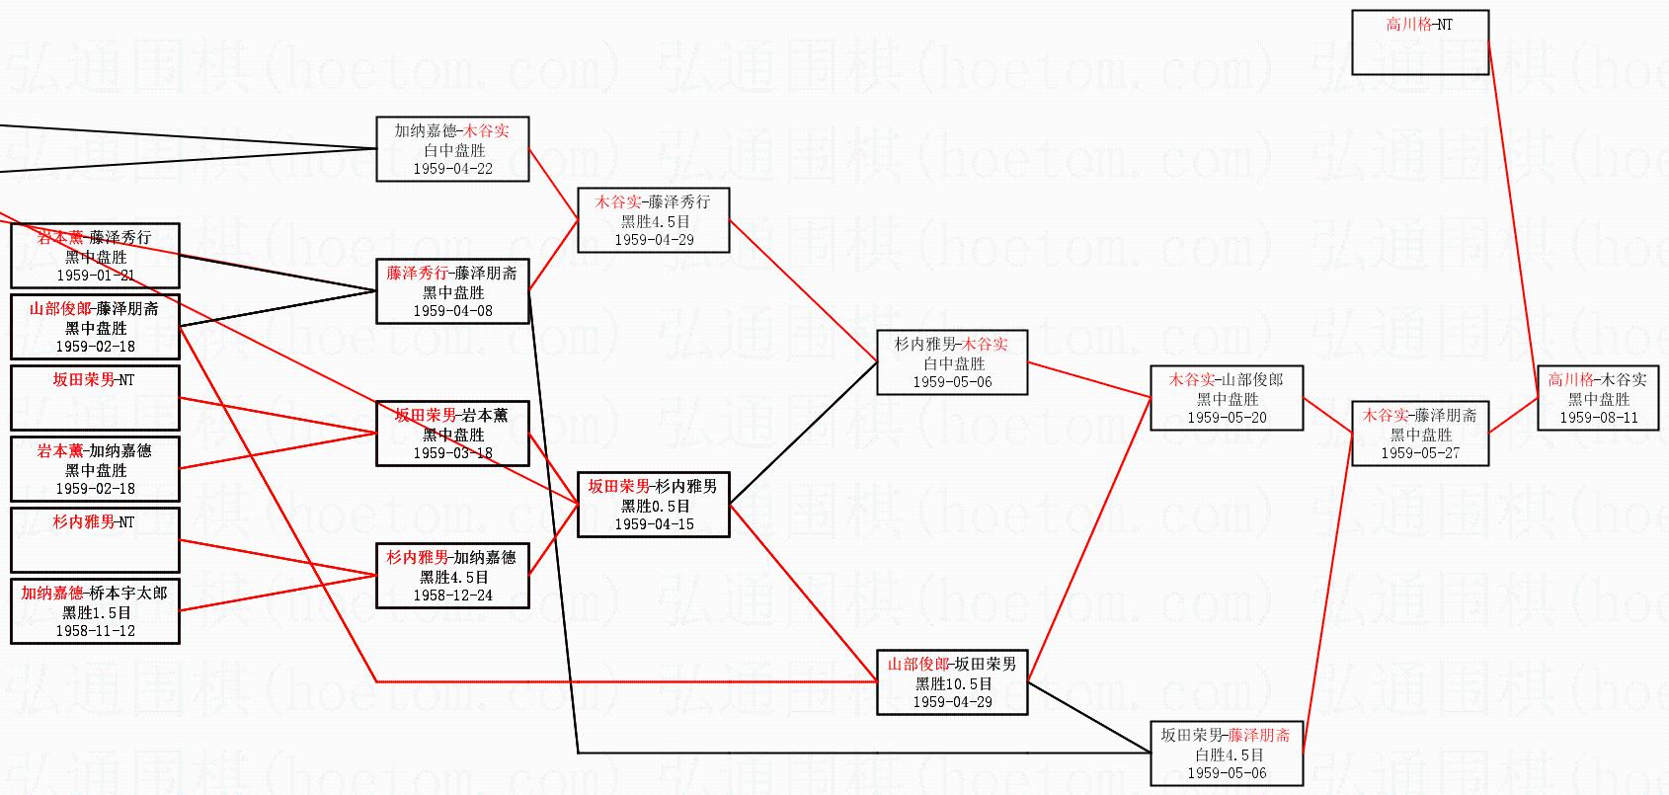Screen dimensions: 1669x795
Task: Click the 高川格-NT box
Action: [x=1419, y=42]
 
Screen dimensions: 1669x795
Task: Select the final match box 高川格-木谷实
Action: [x=1598, y=398]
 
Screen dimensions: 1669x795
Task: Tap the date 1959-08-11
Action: [x=1598, y=418]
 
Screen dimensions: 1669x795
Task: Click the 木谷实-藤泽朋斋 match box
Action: [x=1419, y=434]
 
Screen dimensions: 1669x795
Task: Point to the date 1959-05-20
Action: [x=1227, y=418]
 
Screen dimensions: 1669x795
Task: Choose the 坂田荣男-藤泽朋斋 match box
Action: [x=1227, y=754]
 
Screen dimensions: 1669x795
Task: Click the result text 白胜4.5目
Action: [x=1227, y=755]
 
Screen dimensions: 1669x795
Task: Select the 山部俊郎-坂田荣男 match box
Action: [x=952, y=682]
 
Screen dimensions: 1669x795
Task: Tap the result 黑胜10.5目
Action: [x=952, y=683]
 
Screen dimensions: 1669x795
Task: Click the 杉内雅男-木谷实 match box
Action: [x=952, y=362]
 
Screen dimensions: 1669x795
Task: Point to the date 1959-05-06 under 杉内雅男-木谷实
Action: [x=952, y=382]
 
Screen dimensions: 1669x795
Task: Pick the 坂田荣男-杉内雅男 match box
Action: [x=653, y=505]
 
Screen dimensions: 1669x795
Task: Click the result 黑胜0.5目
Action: [x=653, y=506]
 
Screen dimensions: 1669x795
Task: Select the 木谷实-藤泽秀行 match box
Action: [x=653, y=220]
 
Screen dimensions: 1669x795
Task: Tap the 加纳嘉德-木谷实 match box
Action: [x=452, y=149]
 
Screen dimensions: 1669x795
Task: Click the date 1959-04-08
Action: [x=452, y=311]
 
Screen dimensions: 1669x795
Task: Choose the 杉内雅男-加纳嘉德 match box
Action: [x=452, y=576]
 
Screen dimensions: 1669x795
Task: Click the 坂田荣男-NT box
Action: [x=95, y=397]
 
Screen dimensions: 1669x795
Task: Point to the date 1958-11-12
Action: [x=95, y=631]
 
